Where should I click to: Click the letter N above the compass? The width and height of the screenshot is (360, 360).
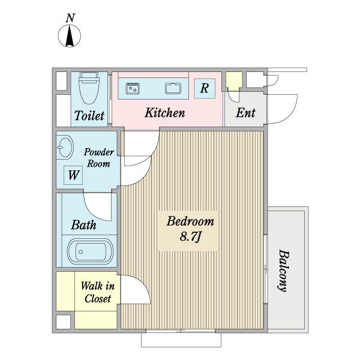[70, 18]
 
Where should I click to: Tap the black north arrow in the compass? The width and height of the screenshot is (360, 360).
[70, 36]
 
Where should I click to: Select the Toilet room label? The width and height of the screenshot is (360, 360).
[89, 115]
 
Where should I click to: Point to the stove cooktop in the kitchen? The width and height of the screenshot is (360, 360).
[133, 88]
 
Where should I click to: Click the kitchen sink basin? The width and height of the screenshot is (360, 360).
[173, 88]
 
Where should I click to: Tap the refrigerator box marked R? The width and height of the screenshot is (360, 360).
[205, 88]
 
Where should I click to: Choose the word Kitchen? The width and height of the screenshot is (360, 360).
[165, 113]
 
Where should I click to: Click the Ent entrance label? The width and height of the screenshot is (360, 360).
[245, 113]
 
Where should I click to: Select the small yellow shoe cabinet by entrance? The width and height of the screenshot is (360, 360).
[234, 81]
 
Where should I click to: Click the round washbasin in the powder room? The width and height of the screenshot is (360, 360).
[65, 147]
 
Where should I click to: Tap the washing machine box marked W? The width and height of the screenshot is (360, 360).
[73, 175]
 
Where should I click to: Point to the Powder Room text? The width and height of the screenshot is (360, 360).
[99, 158]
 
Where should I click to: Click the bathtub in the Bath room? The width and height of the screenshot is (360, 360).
[90, 251]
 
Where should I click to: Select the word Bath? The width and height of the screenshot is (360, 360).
[83, 225]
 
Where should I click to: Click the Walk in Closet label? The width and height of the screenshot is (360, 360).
[98, 292]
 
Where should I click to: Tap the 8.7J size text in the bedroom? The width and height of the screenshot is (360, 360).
[190, 236]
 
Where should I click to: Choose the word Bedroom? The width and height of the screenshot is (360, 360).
[190, 221]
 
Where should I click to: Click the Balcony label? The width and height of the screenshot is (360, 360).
[283, 271]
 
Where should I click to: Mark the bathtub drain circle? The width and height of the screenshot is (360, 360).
[80, 252]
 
